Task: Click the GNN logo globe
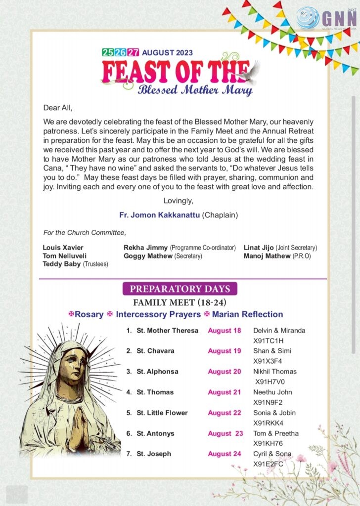pos(308,18)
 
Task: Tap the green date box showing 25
pos(107,52)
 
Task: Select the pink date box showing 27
pos(132,52)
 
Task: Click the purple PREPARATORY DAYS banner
pos(180,289)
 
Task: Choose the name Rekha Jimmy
pos(146,248)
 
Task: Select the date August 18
pos(224,331)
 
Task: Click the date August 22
pos(224,413)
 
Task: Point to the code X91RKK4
pos(269,423)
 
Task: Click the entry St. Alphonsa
pos(157,372)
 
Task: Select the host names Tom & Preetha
pos(276,433)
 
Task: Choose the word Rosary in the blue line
pos(89,314)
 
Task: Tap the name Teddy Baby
pos(61,264)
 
